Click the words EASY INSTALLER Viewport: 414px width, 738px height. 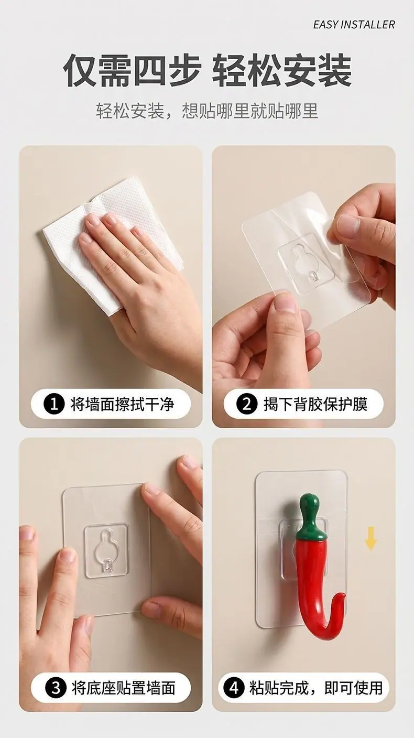pos(354,25)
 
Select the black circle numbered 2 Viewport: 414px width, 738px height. pos(247,404)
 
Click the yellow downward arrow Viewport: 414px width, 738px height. pos(371,538)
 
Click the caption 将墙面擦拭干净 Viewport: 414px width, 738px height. pos(122,404)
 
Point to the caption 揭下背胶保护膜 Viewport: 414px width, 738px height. pos(315,404)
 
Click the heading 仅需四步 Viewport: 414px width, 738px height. pos(132,71)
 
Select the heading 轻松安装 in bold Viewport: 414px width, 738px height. pos(282,71)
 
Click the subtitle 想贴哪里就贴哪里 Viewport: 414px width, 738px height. pos(250,111)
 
